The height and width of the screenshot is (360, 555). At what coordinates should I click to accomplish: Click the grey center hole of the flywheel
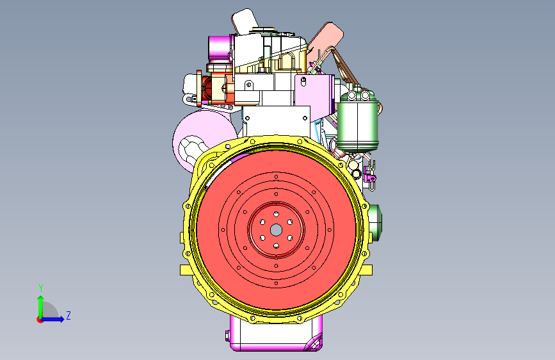[276, 231]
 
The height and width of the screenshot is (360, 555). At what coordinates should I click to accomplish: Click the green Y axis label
[41, 288]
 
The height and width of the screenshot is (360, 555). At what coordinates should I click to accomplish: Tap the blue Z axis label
[68, 315]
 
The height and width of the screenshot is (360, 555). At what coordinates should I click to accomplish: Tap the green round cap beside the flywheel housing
[375, 223]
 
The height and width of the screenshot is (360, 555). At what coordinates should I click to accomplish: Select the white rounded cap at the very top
[245, 21]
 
